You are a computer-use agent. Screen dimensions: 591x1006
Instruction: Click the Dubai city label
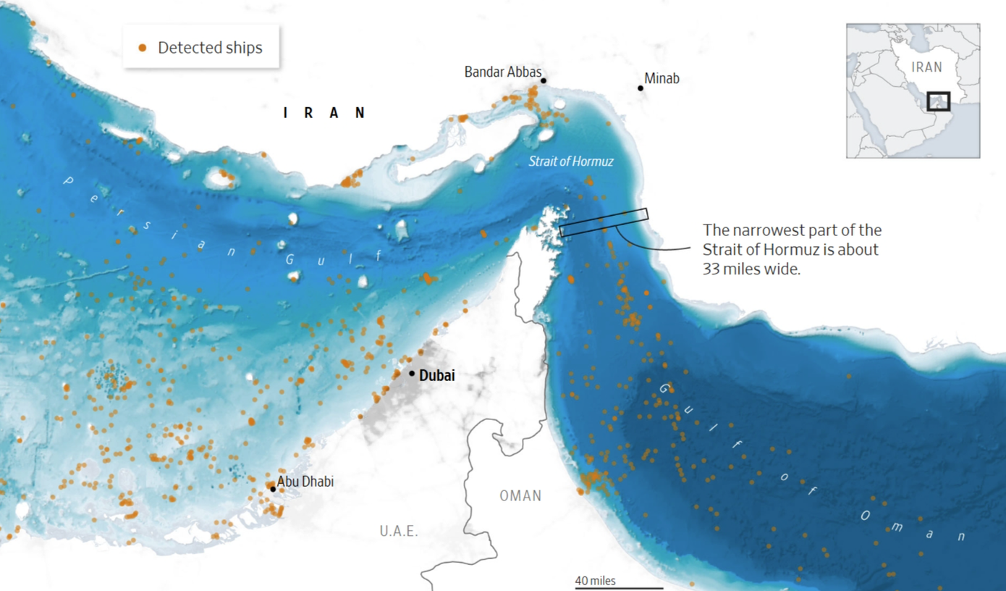pyautogui.click(x=437, y=375)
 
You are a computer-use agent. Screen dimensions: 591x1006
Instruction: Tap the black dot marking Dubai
pyautogui.click(x=412, y=374)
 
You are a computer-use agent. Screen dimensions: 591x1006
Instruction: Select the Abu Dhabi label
pyautogui.click(x=305, y=482)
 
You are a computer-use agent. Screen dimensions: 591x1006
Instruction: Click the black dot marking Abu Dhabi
pyautogui.click(x=273, y=489)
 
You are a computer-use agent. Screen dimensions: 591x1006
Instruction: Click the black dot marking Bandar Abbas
pyautogui.click(x=543, y=81)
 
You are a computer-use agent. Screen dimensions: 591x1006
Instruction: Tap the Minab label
pyautogui.click(x=662, y=78)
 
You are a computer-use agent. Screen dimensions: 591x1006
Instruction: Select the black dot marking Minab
pyautogui.click(x=641, y=88)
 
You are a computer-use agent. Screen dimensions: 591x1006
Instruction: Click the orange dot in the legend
pyautogui.click(x=143, y=48)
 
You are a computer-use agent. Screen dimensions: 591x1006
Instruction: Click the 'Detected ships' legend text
pyautogui.click(x=210, y=48)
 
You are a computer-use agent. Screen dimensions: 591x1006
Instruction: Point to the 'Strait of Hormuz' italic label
pyautogui.click(x=570, y=161)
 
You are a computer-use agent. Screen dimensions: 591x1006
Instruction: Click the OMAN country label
pyautogui.click(x=520, y=496)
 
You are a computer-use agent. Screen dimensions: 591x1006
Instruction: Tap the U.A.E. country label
pyautogui.click(x=399, y=532)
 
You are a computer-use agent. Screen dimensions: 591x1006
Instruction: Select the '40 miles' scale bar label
pyautogui.click(x=595, y=581)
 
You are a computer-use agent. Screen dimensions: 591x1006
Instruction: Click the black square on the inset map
pyautogui.click(x=938, y=101)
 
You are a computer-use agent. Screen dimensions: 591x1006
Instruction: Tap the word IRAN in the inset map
pyautogui.click(x=926, y=67)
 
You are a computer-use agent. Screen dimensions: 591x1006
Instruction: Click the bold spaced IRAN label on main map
pyautogui.click(x=325, y=112)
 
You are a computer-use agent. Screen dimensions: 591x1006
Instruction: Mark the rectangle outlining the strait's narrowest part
pyautogui.click(x=604, y=222)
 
